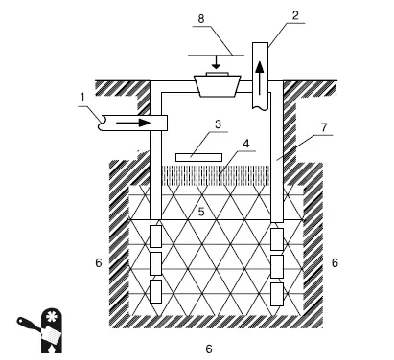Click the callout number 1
pos(82,97)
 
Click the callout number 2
pos(295,15)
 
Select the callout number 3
pos(218,124)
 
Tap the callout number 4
pos(245,144)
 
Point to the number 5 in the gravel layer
pos(201,211)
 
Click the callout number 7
pos(324,127)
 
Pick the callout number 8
pos(201,18)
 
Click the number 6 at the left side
pos(99,262)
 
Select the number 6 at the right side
pos(335,262)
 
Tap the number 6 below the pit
pos(209,349)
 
